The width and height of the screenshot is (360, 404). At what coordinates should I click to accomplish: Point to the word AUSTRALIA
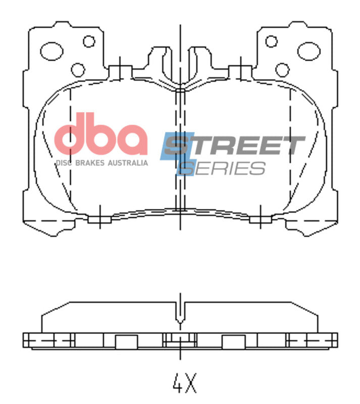pos(129,163)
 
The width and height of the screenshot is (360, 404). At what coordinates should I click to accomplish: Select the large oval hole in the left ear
pos(51,50)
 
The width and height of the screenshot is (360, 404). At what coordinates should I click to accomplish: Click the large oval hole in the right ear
pos(309,50)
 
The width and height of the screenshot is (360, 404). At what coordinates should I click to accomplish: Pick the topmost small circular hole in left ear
pos(89,41)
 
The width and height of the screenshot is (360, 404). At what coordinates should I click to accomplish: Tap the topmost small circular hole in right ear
pos(272,41)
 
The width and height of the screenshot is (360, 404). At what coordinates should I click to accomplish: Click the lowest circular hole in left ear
pos(78,69)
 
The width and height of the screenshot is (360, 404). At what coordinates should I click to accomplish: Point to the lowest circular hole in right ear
pos(282,69)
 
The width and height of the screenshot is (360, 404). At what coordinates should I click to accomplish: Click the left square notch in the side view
pos(124,342)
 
